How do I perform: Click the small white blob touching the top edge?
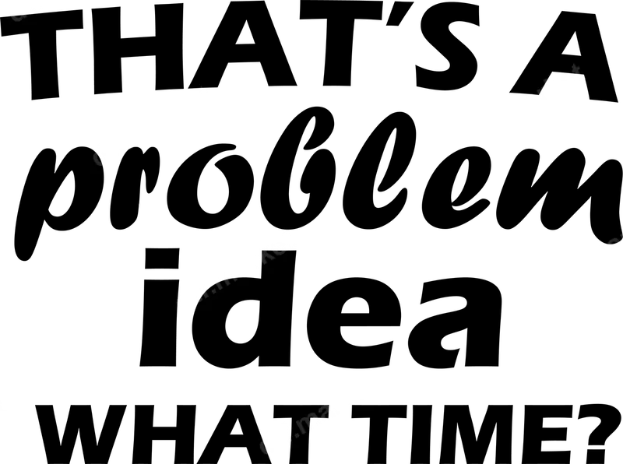point(31,7)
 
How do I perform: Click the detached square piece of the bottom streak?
point(275,436)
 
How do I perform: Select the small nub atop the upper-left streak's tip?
point(205,92)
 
